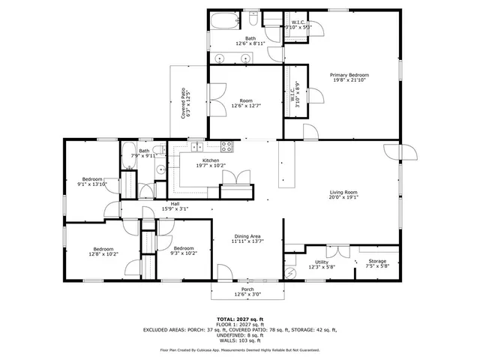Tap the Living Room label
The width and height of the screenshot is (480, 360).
point(343,195)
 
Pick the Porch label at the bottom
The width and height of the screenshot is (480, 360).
point(247,291)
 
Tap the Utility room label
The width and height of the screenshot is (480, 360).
point(321,263)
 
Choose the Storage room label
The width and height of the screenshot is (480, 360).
point(377,263)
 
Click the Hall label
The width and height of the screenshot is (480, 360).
point(175,206)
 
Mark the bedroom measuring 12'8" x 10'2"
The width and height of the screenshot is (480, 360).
point(103,251)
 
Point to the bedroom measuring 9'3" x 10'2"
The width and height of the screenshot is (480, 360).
point(184,251)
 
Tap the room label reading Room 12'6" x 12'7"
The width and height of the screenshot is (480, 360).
point(246,103)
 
